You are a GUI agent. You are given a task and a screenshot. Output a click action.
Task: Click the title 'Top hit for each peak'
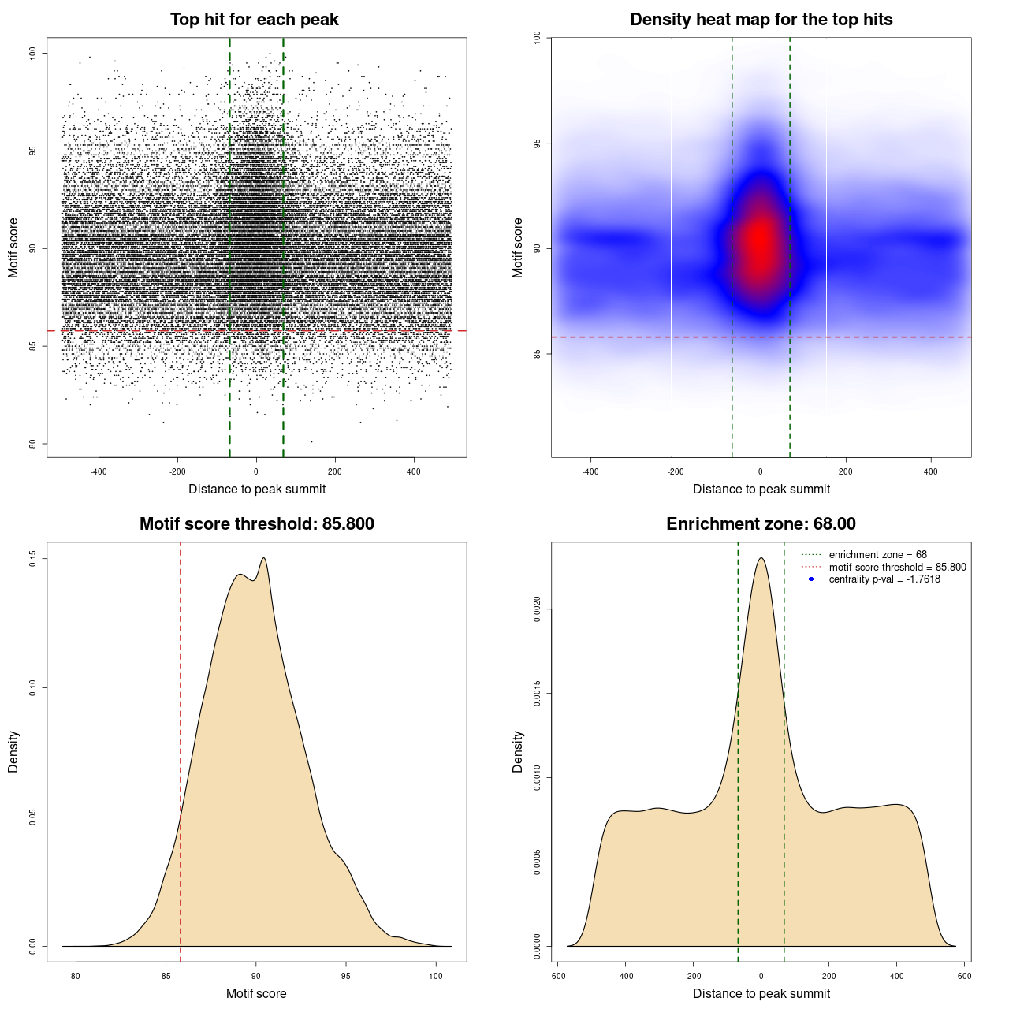pos(254,20)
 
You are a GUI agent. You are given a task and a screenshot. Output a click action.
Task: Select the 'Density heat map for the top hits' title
pos(761,20)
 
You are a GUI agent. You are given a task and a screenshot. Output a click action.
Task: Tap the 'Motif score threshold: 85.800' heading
pos(256,524)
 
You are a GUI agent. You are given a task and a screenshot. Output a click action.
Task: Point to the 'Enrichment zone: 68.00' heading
pos(761,524)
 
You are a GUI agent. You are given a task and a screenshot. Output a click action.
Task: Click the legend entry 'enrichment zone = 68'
pos(877,555)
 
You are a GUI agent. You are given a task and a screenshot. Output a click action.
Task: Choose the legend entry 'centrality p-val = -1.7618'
pos(884,579)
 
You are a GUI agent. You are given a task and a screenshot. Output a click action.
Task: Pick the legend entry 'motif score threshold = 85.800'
pos(897,568)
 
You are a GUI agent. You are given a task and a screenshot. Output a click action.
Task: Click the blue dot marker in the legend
pos(811,579)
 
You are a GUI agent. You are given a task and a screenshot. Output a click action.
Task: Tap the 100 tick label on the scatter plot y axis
pos(33,53)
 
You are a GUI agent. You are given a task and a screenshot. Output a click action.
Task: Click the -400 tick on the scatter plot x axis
pos(99,472)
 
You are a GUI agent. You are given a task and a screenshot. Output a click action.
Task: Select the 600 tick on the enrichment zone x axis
pos(964,977)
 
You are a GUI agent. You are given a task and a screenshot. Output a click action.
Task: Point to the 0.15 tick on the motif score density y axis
pos(33,559)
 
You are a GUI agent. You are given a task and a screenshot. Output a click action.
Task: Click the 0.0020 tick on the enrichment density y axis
pos(538,609)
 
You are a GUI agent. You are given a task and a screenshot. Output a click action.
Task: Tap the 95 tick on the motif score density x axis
pos(346,977)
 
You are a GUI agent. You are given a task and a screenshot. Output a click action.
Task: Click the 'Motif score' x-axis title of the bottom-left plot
pos(256,994)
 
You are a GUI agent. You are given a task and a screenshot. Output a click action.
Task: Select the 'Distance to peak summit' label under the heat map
pos(761,490)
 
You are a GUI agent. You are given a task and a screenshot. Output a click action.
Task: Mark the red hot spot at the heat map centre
pos(760,240)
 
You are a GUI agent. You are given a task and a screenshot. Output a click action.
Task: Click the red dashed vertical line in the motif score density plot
pos(181,749)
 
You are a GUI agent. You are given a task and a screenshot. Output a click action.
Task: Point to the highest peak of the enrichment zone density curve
pos(761,559)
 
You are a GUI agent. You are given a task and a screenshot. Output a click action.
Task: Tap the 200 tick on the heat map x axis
pos(846,472)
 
